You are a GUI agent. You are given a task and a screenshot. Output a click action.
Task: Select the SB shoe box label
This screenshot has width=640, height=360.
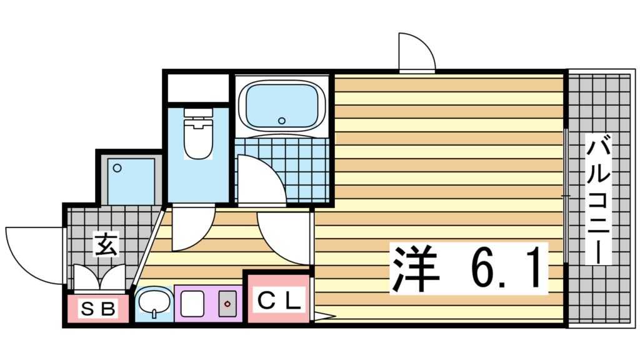(99, 309)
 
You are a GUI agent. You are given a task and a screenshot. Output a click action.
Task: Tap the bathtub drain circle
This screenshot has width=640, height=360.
(281, 121)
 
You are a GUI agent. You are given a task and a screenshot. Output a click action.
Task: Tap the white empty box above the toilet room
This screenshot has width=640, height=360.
(198, 87)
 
